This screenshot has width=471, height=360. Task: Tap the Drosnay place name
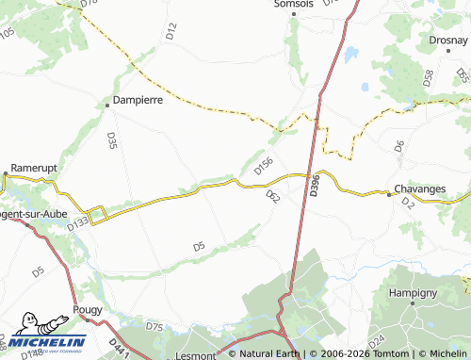point(447,41)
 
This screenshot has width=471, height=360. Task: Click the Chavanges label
point(419,188)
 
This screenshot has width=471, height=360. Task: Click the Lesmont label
point(197,356)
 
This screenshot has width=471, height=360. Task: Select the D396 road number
point(315,185)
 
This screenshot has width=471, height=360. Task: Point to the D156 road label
point(264,166)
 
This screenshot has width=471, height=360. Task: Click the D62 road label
point(273,196)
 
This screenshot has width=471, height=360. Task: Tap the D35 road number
point(112,140)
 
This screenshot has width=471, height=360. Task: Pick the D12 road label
point(171,30)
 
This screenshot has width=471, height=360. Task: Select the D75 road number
point(155,327)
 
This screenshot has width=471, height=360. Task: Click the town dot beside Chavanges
point(389,194)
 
